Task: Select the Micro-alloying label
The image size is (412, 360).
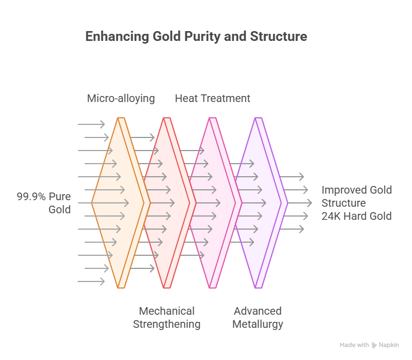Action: coord(121,99)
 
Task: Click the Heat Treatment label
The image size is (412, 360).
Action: coord(213,99)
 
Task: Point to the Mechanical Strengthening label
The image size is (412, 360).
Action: coord(167,317)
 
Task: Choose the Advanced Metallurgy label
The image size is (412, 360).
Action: coord(258,317)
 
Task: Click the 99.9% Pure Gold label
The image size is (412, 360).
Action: coord(44,203)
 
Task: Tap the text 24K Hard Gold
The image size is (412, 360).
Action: coord(356,216)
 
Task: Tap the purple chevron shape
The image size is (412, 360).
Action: coord(259,203)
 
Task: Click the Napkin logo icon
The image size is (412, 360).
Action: coord(374,345)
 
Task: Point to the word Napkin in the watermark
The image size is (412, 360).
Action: coord(389,345)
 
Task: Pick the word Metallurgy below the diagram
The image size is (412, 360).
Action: coord(258,324)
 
